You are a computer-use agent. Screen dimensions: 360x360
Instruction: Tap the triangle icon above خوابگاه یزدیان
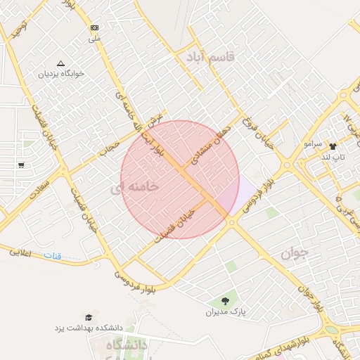pyautogui.click(x=60, y=63)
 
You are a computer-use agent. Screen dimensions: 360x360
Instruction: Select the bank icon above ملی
pyautogui.click(x=94, y=27)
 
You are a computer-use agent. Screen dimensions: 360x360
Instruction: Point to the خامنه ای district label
pyautogui.click(x=134, y=187)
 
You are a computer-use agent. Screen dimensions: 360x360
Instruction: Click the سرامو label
pyautogui.click(x=313, y=144)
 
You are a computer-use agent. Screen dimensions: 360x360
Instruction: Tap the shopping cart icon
pyautogui.click(x=21, y=165)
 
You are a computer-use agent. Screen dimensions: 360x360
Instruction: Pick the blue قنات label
pyautogui.click(x=53, y=257)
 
